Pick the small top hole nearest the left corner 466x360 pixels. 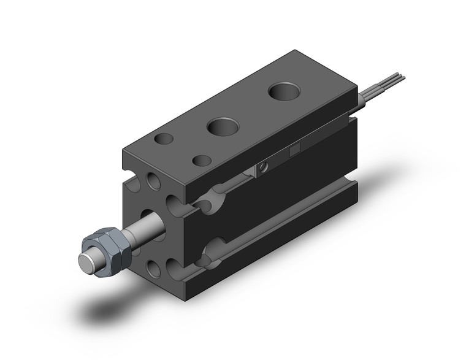(164, 139)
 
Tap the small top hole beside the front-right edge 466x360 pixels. (202, 161)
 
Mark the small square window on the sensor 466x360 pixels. (294, 149)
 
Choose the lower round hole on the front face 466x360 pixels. (153, 266)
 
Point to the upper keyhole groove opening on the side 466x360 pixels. (212, 199)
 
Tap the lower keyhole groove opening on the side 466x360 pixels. (212, 251)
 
